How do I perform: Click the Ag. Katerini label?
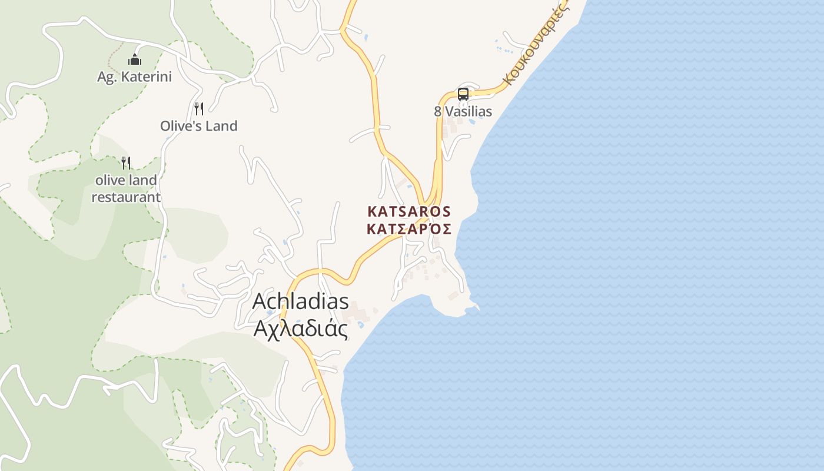[x=134, y=77]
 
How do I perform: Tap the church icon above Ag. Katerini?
[x=135, y=59]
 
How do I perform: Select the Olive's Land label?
[x=199, y=125]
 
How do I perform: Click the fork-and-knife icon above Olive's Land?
[x=199, y=108]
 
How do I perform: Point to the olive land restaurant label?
[x=126, y=188]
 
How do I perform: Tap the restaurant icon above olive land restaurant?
[x=125, y=162]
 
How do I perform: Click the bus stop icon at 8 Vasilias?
[x=463, y=94]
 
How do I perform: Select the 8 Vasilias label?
[x=463, y=111]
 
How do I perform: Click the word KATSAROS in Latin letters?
[x=409, y=211]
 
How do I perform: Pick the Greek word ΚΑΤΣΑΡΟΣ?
[x=409, y=229]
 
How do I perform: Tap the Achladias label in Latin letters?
[x=301, y=301]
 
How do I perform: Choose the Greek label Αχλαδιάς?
[x=301, y=329]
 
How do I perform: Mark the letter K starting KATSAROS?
[x=372, y=211]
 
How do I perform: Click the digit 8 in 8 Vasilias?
[x=438, y=111]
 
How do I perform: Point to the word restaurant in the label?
[x=126, y=197]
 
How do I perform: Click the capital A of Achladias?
[x=260, y=301]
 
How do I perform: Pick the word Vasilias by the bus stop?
[x=469, y=111]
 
